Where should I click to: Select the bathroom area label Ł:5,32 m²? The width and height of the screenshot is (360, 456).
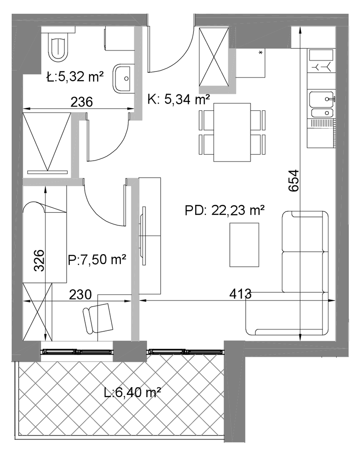point(75,77)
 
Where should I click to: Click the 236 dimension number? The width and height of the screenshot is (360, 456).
point(82,102)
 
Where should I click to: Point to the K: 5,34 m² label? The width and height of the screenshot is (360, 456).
point(179,100)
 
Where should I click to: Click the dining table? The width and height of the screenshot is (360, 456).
point(232,133)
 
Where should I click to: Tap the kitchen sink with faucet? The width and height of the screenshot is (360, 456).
point(321,104)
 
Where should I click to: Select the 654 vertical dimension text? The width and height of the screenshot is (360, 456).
point(294,180)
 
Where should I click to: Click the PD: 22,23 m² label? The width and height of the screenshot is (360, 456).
point(225,210)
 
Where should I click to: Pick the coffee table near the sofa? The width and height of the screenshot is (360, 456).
point(244,245)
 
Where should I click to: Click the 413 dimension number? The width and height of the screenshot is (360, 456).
point(240,294)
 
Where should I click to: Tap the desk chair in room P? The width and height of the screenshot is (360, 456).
point(98,319)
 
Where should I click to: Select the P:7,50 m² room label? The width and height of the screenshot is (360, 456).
point(97,259)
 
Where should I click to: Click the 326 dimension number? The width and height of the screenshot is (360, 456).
point(39,261)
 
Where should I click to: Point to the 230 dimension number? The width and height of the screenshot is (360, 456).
point(80,294)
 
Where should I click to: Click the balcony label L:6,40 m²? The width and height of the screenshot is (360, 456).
point(132,393)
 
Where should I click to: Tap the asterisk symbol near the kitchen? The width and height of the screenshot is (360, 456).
point(260,53)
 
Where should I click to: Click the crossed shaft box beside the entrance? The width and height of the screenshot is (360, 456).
point(214,57)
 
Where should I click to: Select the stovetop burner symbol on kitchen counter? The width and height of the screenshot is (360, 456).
point(321,67)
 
